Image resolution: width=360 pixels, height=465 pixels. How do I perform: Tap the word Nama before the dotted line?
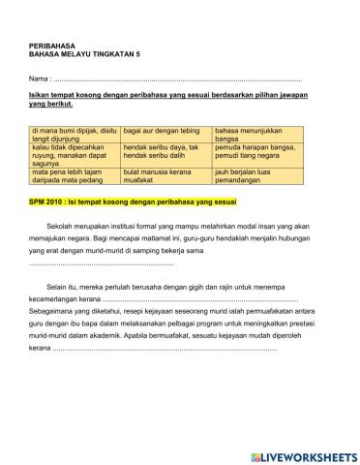[39, 77]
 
